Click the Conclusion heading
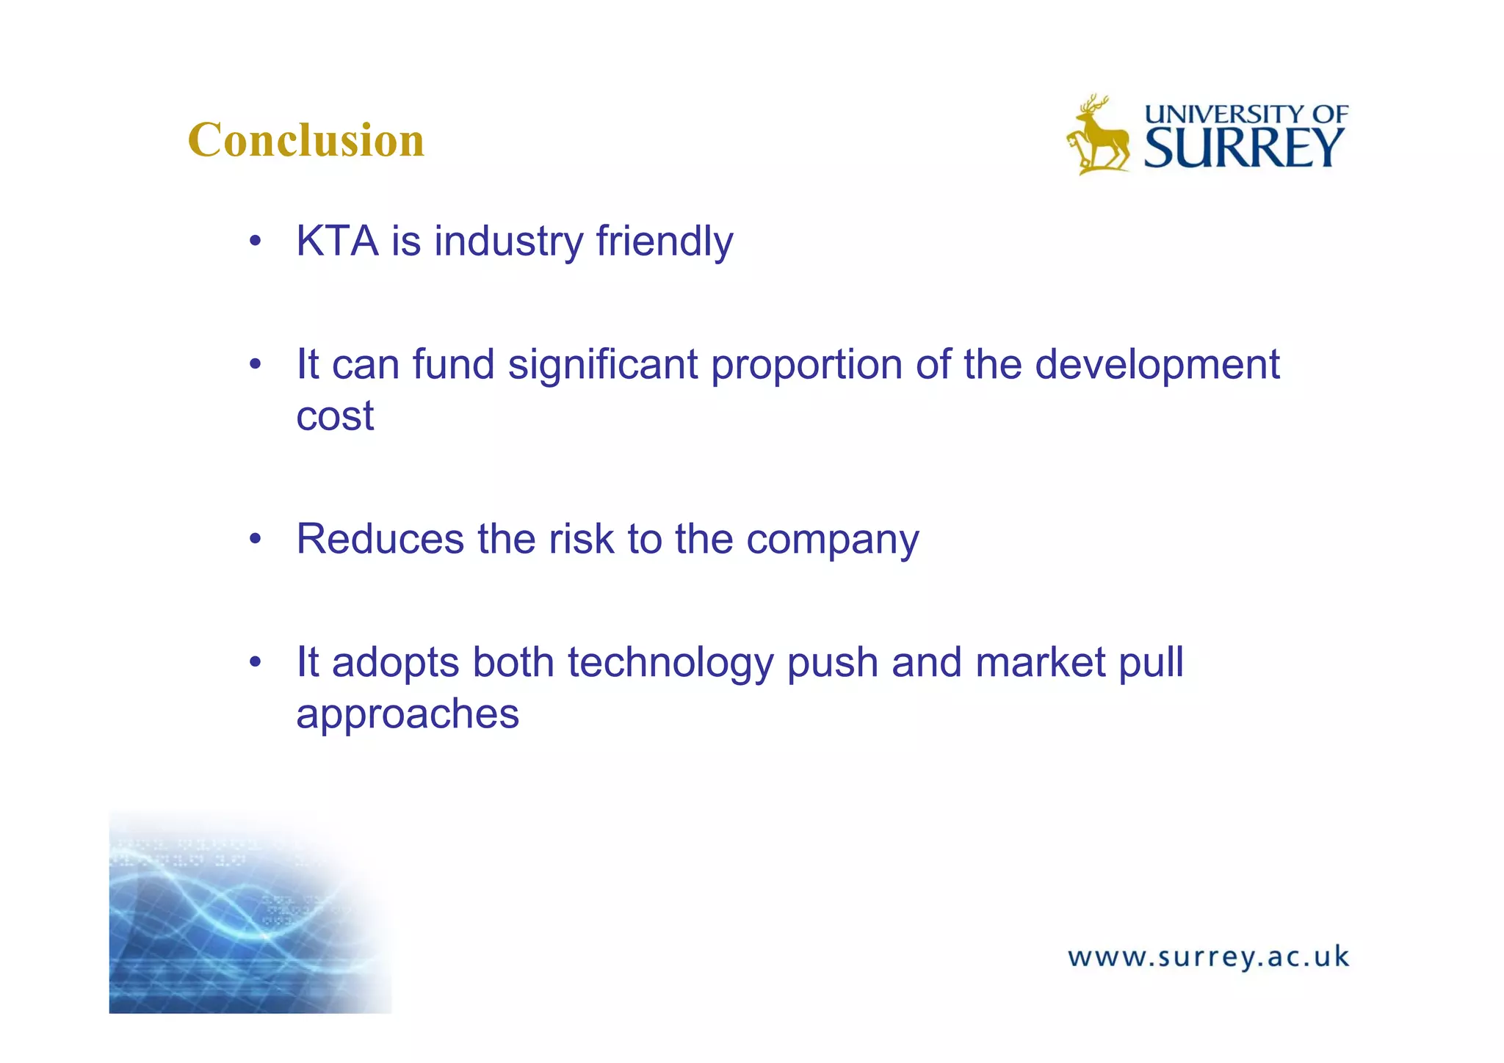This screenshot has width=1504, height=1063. [x=306, y=139]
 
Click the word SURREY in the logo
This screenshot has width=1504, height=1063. [x=1244, y=148]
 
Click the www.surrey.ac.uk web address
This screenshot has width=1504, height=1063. [x=1208, y=957]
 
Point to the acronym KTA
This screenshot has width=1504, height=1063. [x=337, y=241]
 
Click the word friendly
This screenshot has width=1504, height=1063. [x=664, y=241]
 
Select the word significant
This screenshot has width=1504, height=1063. [x=602, y=364]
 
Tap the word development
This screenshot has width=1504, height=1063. [x=1157, y=366]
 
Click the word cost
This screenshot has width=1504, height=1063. [x=335, y=416]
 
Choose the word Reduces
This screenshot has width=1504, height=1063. [x=380, y=539]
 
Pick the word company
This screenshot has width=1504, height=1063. [x=832, y=540]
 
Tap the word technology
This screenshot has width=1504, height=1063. [x=670, y=664]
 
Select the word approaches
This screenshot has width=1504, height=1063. [x=408, y=714]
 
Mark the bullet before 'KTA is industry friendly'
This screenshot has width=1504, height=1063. [x=255, y=242]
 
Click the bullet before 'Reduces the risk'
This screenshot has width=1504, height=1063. [x=255, y=540]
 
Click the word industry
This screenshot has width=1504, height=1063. [x=508, y=241]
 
